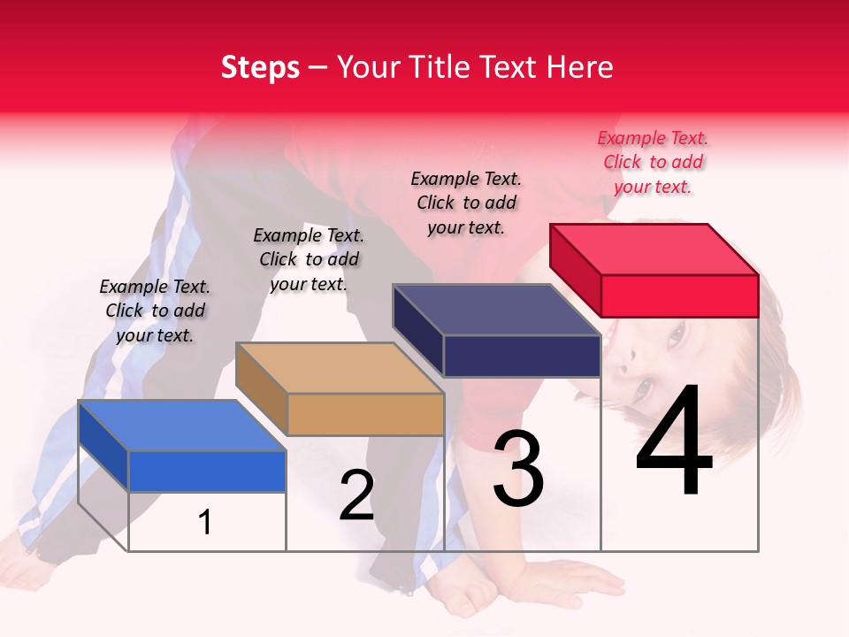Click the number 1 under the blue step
coord(204,522)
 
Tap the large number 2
coord(356,495)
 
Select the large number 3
coord(518,468)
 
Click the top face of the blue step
coord(181,426)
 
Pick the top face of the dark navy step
coord(496,310)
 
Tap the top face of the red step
coord(654,249)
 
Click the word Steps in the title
coord(260,67)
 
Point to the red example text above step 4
coord(653,162)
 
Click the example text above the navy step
coord(466,203)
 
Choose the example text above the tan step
coord(309,259)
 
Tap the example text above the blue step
coord(155,311)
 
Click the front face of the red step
coord(679,295)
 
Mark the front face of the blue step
coord(207,471)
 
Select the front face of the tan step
coord(365,414)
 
